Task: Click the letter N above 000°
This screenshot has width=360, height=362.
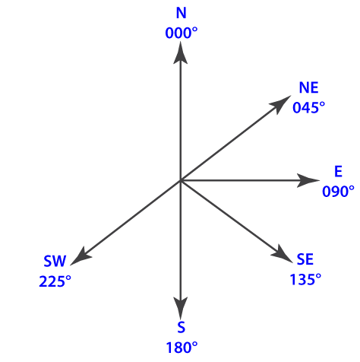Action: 182,13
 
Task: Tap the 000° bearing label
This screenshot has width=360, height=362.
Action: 182,33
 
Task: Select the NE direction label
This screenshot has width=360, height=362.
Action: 308,87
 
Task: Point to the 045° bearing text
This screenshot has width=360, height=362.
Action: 308,107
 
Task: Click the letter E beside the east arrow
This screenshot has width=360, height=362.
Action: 339,171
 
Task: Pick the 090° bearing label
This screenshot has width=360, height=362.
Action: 338,191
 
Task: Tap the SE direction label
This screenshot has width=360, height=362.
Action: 305,259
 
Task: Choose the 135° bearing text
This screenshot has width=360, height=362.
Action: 305,279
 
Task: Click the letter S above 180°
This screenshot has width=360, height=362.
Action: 181,327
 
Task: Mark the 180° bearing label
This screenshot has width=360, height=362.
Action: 182,348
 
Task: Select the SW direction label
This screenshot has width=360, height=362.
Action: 55,262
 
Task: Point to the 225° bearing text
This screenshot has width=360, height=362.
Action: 55,281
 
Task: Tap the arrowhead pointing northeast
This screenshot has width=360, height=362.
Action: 281,104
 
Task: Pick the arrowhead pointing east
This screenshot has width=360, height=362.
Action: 308,180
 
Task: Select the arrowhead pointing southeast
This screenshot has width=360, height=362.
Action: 282,254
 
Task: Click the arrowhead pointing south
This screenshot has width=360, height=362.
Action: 181,307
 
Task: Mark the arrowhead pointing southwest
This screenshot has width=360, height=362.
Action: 81,256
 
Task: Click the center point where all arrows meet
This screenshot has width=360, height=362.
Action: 180,180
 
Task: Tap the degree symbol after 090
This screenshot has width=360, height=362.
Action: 352,188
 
